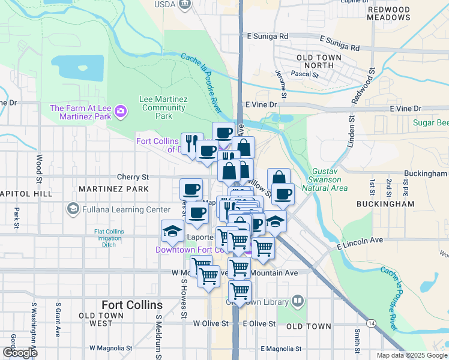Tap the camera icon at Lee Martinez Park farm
(x=121, y=110)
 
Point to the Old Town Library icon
(x=297, y=301)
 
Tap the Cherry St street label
(x=133, y=177)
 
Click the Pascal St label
(x=304, y=74)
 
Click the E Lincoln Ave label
(x=360, y=243)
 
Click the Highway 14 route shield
(x=373, y=323)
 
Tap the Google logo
(x=19, y=353)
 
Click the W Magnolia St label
(x=110, y=348)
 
